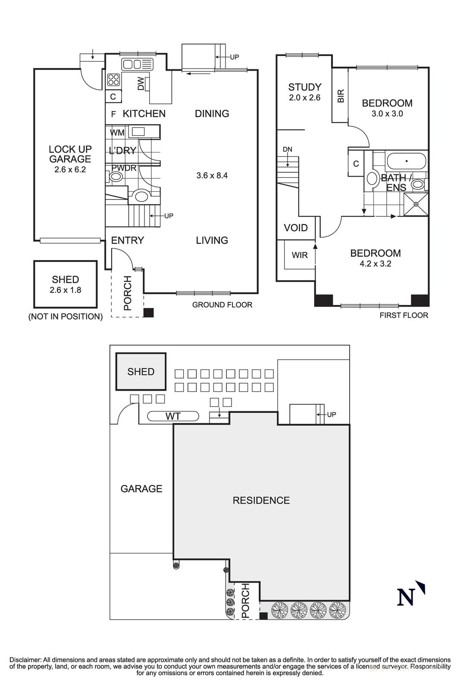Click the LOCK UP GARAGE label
(x=70, y=154)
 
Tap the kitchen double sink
(x=137, y=65)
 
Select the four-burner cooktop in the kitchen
(x=113, y=80)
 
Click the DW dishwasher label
(x=141, y=84)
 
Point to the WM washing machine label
(x=117, y=133)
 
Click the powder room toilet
(x=116, y=177)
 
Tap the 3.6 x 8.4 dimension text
(x=212, y=176)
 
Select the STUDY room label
(x=304, y=87)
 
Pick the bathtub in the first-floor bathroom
(x=406, y=161)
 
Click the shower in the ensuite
(x=416, y=204)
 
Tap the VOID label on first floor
(x=296, y=228)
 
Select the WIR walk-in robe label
(x=300, y=255)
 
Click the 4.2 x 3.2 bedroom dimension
(x=375, y=264)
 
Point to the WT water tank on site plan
(x=173, y=416)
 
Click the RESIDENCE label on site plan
(x=261, y=500)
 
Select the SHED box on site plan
(x=141, y=372)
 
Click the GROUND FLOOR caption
(x=222, y=305)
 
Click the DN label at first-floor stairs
(x=287, y=149)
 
